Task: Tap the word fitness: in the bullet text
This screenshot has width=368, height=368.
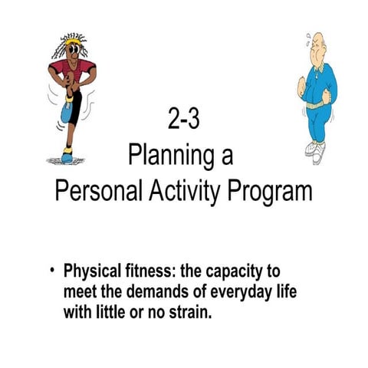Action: tap(149, 272)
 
